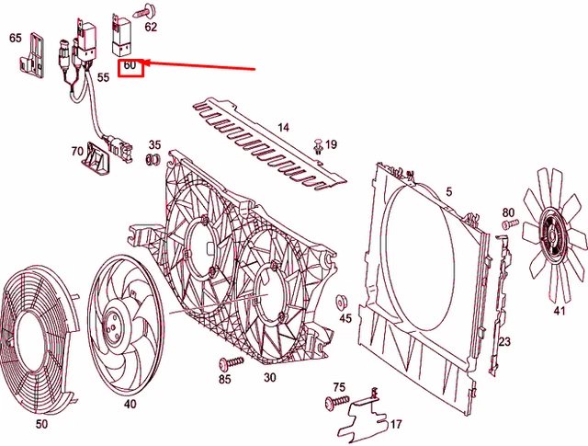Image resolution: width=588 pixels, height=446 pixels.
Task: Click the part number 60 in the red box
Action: click(130, 65)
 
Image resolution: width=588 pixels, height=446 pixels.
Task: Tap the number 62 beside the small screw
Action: click(151, 27)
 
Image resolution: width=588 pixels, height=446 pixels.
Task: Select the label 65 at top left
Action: click(16, 38)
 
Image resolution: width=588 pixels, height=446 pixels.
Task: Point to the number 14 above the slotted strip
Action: click(283, 127)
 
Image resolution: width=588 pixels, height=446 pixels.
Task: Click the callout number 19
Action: click(331, 144)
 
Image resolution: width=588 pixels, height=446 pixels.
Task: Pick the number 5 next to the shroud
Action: click(449, 191)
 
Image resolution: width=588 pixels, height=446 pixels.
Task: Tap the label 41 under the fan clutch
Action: click(559, 311)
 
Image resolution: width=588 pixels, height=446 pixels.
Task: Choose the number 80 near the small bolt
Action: click(508, 212)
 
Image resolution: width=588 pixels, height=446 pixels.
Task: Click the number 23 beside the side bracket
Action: click(503, 342)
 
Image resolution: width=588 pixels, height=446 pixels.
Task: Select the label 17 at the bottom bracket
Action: click(396, 425)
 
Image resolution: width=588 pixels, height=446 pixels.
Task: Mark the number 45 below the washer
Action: click(345, 318)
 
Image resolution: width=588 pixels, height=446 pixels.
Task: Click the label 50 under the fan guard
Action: click(41, 424)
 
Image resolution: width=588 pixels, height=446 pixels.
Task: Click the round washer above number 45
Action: click(342, 300)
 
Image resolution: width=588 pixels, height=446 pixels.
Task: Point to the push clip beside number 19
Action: click(317, 145)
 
